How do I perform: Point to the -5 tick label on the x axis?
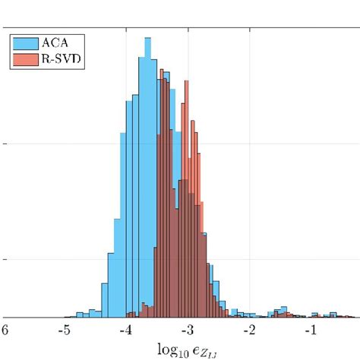65,330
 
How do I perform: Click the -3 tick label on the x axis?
188,330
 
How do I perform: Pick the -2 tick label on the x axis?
249,330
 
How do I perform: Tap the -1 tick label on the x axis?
311,330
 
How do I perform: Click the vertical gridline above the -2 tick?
250,152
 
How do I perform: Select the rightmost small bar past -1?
352,314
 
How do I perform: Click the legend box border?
9,49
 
